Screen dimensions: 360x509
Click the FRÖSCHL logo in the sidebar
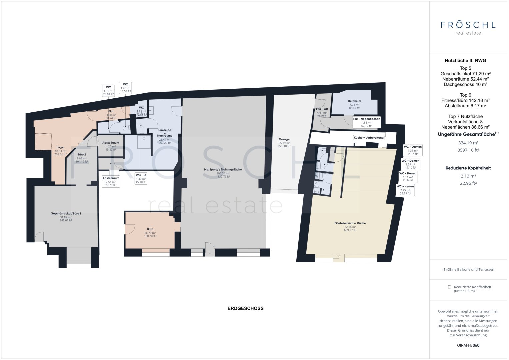(x=468, y=27)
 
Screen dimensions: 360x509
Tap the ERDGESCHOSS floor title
(x=245, y=308)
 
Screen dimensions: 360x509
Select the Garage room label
(x=284, y=139)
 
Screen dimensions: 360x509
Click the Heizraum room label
(x=354, y=101)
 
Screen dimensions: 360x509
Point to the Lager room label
(x=60, y=147)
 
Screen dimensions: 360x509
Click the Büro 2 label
(x=82, y=155)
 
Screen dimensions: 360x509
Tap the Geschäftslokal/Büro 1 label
(x=66, y=213)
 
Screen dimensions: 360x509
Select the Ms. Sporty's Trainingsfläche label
(x=223, y=170)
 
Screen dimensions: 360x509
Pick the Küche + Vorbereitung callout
(x=368, y=138)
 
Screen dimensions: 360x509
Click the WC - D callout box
(x=141, y=178)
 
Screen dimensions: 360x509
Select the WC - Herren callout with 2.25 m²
(x=405, y=190)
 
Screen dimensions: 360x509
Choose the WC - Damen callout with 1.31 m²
(x=412, y=150)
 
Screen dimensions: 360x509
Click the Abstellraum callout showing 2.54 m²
(x=111, y=181)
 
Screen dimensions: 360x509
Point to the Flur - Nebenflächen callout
(x=366, y=122)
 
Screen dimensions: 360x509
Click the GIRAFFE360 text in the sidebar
(x=468, y=345)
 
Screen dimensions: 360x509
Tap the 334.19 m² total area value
(x=468, y=143)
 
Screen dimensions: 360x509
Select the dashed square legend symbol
(x=449, y=287)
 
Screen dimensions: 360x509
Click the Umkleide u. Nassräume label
(x=165, y=133)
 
